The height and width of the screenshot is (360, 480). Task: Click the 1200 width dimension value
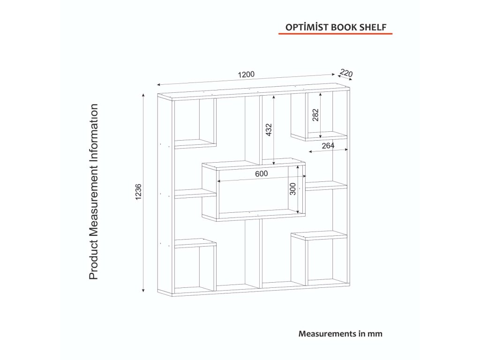[x=246, y=75]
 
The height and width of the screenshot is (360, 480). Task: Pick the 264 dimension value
[x=328, y=146]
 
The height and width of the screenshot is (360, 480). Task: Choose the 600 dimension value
[x=261, y=174]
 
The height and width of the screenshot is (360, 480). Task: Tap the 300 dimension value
[x=292, y=189]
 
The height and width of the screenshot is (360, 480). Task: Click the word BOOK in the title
[x=345, y=27]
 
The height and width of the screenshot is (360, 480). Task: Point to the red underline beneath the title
[x=335, y=34]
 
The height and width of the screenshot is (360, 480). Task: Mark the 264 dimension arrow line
[x=328, y=151]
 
